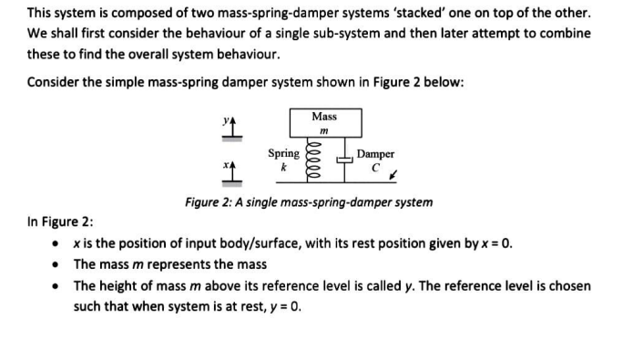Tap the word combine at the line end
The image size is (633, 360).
point(566,33)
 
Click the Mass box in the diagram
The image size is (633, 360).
point(323,123)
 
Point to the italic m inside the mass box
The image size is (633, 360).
point(323,132)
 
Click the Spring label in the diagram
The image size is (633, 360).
point(283,154)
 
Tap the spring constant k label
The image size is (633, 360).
point(283,168)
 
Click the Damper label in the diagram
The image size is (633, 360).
point(375,154)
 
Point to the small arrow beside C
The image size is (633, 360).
point(391,172)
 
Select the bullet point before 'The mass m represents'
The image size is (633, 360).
point(57,265)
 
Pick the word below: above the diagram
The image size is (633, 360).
point(445,81)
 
